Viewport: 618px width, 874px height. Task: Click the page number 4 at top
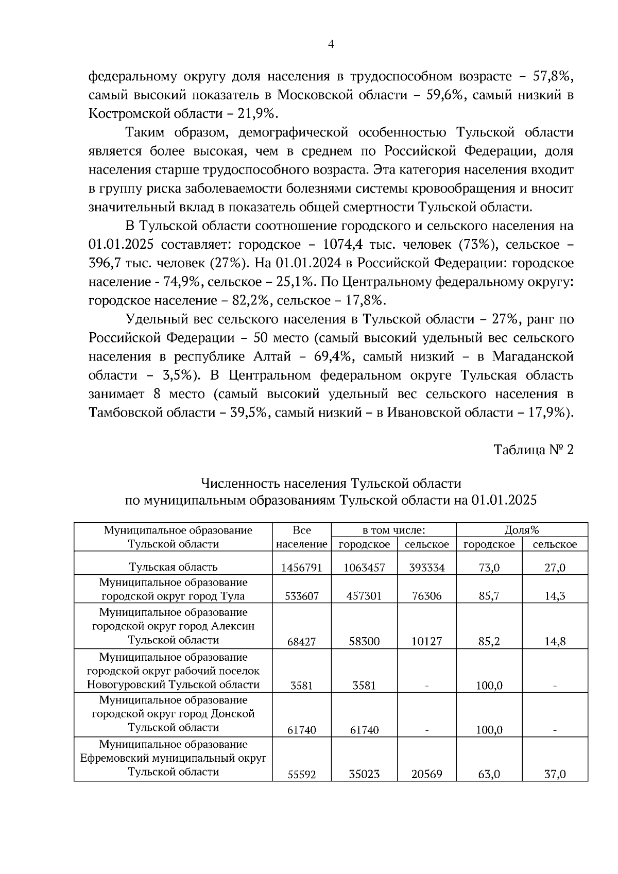click(x=331, y=45)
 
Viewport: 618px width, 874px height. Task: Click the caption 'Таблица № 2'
click(x=534, y=450)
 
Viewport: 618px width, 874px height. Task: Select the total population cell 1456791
click(x=302, y=568)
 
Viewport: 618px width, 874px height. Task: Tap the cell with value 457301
click(x=364, y=596)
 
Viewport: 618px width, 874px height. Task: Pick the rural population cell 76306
click(x=426, y=596)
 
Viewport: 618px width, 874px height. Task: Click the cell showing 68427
click(x=302, y=641)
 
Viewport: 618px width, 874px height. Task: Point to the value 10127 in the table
click(x=426, y=641)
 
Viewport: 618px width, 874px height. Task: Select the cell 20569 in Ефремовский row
click(x=426, y=774)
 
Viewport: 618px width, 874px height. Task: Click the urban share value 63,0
click(x=489, y=774)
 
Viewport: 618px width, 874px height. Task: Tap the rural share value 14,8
click(x=555, y=641)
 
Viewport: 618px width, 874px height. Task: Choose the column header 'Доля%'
click(x=522, y=530)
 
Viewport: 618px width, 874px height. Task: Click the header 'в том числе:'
click(x=393, y=530)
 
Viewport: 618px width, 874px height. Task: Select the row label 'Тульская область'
click(x=173, y=567)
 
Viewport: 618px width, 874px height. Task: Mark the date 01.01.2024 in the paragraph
click(x=308, y=263)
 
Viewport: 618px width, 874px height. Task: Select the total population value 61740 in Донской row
click(x=302, y=730)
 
